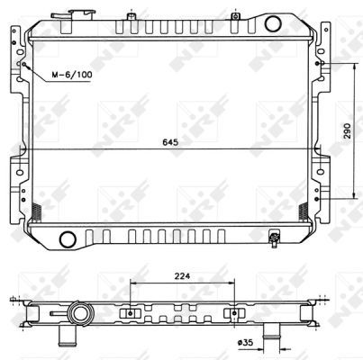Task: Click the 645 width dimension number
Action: point(170,142)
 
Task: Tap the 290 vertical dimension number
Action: point(347,130)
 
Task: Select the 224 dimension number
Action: point(183,276)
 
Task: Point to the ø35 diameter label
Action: point(245,342)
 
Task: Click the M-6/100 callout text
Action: point(72,75)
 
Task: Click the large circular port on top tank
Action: point(273,23)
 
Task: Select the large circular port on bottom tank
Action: point(68,239)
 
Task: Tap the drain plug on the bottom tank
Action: point(275,239)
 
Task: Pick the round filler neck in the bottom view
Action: point(80,314)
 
